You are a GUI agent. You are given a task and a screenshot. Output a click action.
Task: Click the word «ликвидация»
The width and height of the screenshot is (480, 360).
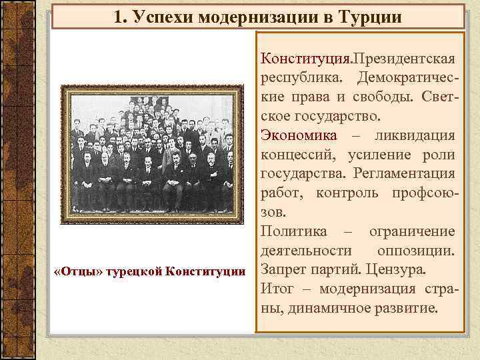415,136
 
